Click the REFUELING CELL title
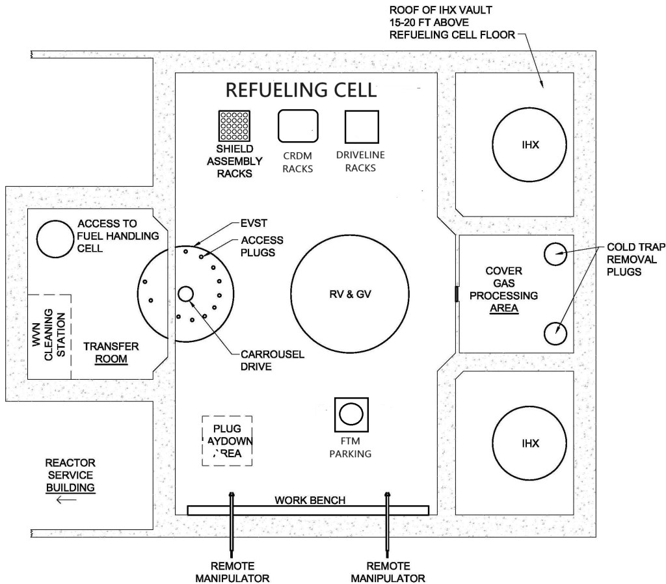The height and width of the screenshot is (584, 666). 300,90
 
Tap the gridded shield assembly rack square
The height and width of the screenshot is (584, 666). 235,126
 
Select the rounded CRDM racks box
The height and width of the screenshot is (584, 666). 298,126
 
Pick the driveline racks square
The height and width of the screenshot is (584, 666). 362,126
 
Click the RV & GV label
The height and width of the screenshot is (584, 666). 349,294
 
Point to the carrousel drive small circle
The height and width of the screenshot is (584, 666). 186,294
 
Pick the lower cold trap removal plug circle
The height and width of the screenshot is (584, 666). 555,333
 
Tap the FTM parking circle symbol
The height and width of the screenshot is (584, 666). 351,414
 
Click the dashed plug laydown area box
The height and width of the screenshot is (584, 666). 227,440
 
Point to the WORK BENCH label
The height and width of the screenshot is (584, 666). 310,500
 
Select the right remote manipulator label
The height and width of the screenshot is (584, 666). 388,571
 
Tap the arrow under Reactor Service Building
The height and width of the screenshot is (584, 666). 66,500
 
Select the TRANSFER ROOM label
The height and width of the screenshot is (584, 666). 108,352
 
